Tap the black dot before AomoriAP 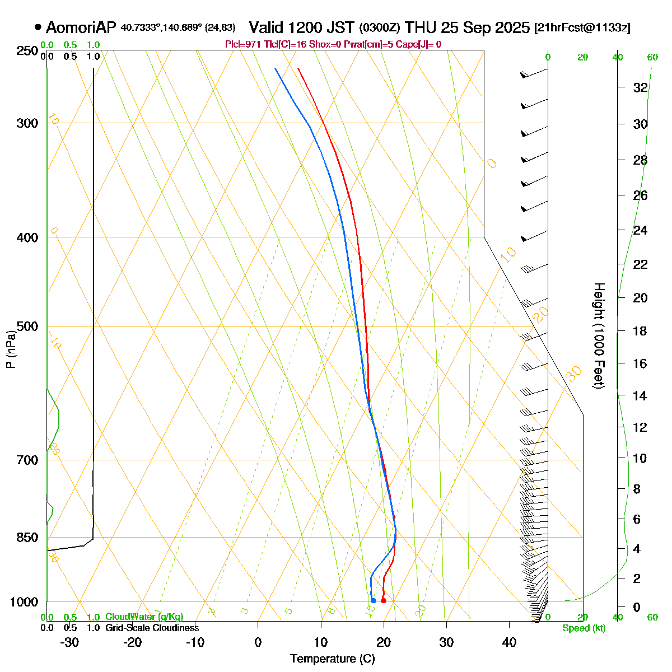pyautogui.click(x=38, y=26)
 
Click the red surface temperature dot pyautogui.click(x=383, y=601)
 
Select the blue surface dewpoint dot pyautogui.click(x=373, y=601)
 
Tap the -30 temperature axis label pyautogui.click(x=69, y=642)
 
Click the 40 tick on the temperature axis pyautogui.click(x=509, y=642)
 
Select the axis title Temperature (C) pyautogui.click(x=333, y=659)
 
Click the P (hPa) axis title pyautogui.click(x=11, y=348)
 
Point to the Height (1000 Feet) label pyautogui.click(x=599, y=335)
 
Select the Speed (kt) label pyautogui.click(x=584, y=628)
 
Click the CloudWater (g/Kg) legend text pyautogui.click(x=144, y=617)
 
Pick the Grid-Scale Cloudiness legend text pyautogui.click(x=152, y=628)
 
